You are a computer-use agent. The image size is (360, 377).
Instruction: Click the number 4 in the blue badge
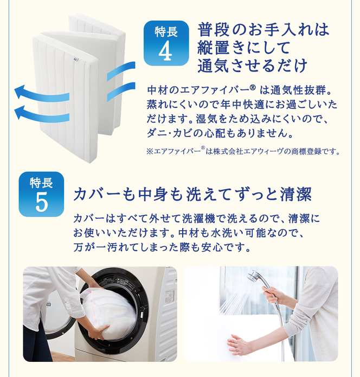[165, 52]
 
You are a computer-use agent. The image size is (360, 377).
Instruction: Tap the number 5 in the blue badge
[41, 203]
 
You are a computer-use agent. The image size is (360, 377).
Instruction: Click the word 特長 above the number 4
[166, 32]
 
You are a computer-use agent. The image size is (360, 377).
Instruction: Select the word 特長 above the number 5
[41, 183]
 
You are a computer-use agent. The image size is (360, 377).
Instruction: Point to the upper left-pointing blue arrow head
[20, 92]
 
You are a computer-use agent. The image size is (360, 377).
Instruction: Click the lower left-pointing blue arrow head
[20, 113]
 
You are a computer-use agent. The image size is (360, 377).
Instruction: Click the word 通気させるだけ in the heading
[253, 65]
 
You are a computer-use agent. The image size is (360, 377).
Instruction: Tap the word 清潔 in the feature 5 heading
[295, 194]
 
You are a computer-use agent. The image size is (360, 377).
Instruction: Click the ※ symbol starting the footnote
[150, 152]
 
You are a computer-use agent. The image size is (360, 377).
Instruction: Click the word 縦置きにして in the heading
[244, 47]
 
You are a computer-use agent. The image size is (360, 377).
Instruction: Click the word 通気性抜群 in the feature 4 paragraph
[298, 90]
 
